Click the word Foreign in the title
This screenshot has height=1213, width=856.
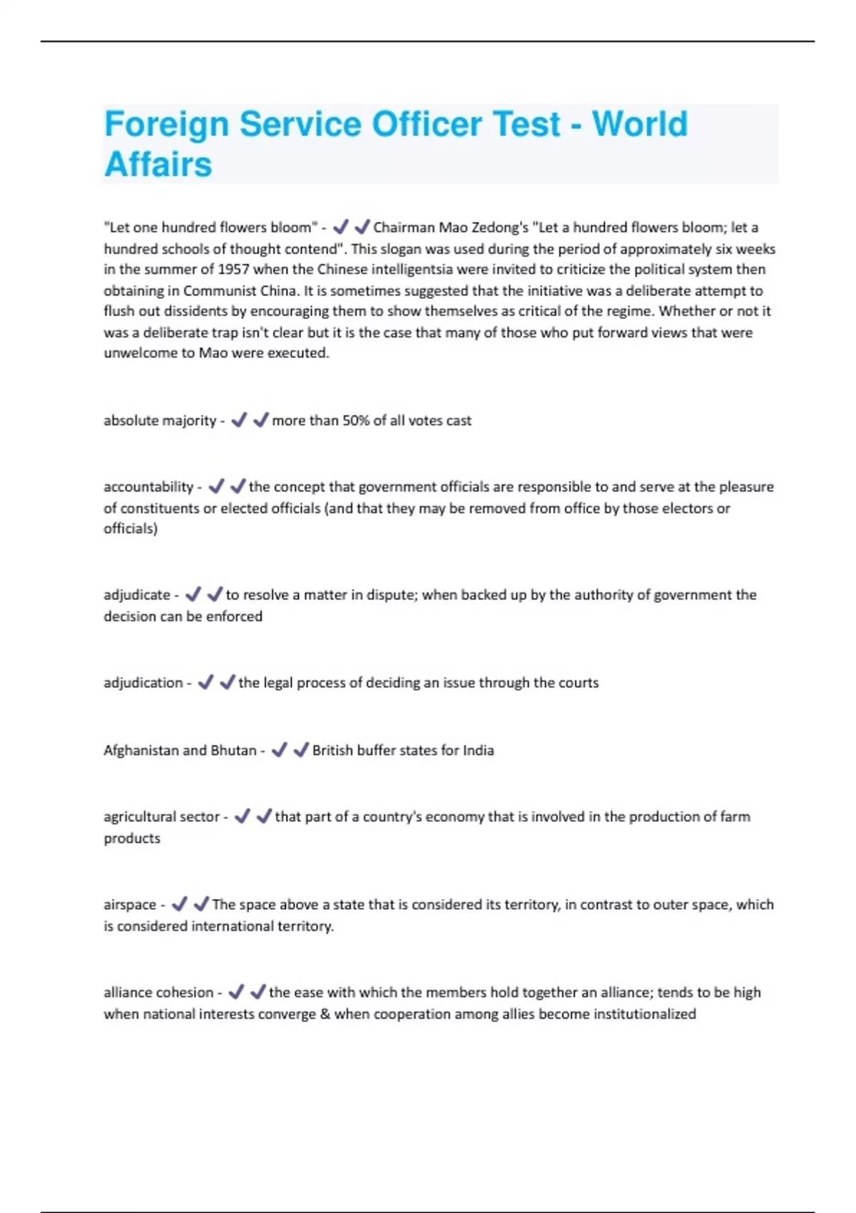point(166,125)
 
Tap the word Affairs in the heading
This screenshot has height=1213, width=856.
point(158,165)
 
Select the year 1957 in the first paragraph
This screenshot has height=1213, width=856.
point(233,270)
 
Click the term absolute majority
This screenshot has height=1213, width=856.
point(160,421)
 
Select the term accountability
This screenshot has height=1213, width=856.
point(148,487)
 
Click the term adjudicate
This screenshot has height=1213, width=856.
point(137,595)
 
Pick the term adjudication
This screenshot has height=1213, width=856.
point(143,683)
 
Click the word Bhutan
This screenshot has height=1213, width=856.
point(233,751)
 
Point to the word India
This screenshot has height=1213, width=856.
point(478,751)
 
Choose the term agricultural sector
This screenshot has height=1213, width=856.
point(162,817)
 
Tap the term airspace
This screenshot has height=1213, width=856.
point(130,905)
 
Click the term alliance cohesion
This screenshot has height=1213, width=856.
point(158,993)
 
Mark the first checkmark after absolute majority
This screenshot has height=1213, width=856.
point(239,420)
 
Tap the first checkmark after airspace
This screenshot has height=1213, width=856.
point(179,904)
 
